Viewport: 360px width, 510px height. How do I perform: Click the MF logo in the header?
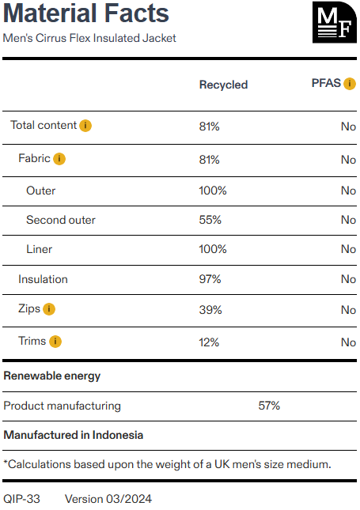(335, 22)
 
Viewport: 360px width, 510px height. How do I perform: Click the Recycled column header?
(224, 85)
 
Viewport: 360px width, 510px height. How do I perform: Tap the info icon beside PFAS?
(350, 84)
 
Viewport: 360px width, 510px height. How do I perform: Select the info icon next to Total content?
(85, 126)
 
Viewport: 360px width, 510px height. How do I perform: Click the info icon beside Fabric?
(59, 159)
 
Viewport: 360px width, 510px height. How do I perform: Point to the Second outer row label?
(61, 220)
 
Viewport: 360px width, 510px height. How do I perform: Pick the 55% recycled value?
(210, 220)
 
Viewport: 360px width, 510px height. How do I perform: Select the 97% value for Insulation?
(210, 279)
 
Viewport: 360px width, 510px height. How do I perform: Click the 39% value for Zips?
(210, 310)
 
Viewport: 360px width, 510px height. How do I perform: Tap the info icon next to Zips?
(49, 309)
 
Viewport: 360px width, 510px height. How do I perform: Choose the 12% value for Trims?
(209, 342)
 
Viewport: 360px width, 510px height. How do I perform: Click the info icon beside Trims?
(55, 342)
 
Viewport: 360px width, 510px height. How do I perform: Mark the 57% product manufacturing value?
(269, 406)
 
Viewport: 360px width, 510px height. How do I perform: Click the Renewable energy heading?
(52, 376)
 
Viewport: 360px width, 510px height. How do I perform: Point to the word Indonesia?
(118, 435)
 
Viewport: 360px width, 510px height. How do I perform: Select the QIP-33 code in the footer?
(22, 499)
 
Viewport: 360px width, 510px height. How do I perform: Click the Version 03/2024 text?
(108, 499)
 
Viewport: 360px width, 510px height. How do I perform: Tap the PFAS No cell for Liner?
(348, 249)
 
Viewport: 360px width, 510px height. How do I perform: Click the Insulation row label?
(43, 279)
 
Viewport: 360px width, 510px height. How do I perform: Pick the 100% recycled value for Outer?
(213, 191)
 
